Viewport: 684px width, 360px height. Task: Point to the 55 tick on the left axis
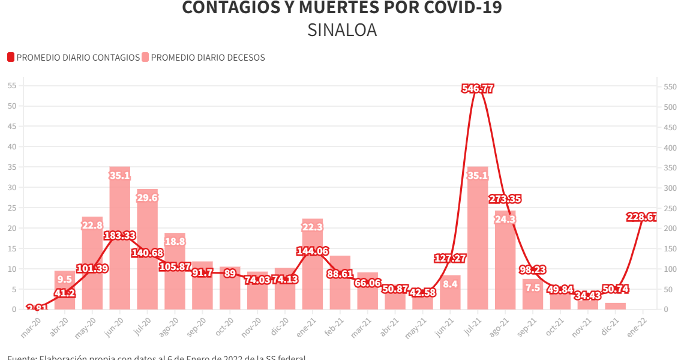tap(12, 86)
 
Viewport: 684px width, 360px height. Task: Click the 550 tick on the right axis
tap(670, 87)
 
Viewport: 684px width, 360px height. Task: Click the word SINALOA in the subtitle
tap(342, 30)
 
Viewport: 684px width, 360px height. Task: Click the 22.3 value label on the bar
tap(313, 227)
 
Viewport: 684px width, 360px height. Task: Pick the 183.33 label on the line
tap(120, 235)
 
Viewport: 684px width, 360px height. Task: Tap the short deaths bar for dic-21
tap(615, 306)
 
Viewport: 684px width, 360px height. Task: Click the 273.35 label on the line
tap(505, 199)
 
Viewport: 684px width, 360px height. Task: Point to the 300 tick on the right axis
tap(670, 188)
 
